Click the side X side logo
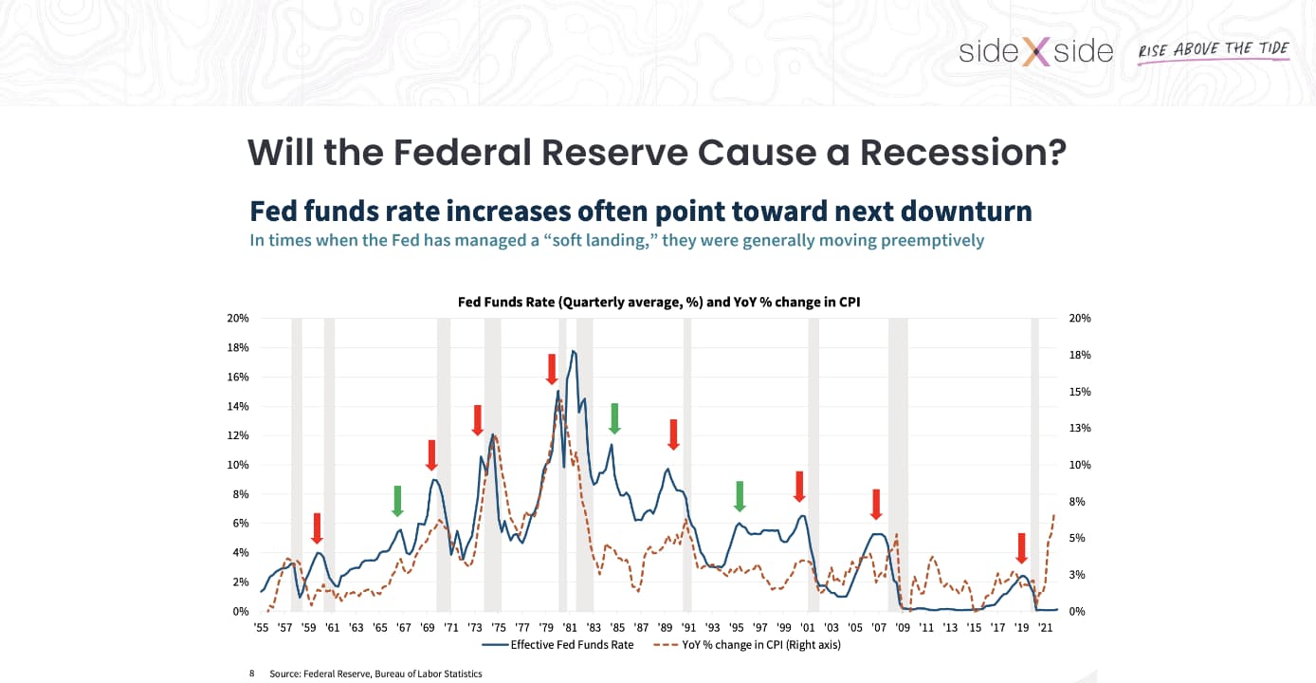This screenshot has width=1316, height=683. pos(1035,51)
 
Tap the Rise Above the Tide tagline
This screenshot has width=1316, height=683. pos(1214,50)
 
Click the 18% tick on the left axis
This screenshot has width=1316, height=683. pos(237,347)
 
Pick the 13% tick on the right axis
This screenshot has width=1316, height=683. pos(1081,428)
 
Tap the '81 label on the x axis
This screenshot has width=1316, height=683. pos(570,627)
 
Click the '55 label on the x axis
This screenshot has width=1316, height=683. pos(261,627)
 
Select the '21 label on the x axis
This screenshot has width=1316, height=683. pos(1046,627)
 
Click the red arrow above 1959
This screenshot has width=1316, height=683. pos(317,528)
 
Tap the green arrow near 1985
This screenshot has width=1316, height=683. pos(614,418)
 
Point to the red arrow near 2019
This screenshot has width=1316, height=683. pos(1021,548)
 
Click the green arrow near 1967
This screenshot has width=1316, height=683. pos(398,501)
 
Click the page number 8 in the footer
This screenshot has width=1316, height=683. pos(252,674)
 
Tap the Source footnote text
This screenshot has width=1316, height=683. pos(375,674)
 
